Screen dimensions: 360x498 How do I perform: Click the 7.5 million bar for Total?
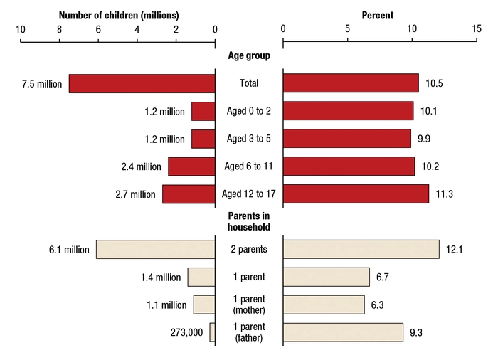(x=142, y=83)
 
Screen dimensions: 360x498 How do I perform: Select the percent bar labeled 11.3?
(x=356, y=194)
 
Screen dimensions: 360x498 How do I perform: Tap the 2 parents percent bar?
(x=361, y=249)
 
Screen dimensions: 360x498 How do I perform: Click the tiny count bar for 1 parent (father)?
(x=212, y=332)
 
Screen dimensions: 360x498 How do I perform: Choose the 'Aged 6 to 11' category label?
(x=249, y=166)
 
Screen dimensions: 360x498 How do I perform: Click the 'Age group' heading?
(x=249, y=56)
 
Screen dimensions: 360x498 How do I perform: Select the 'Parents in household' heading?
(x=249, y=221)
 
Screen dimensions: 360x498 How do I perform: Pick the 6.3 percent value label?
(x=378, y=305)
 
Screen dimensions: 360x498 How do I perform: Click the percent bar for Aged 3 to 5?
(x=346, y=139)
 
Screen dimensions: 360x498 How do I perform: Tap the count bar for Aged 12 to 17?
(x=189, y=194)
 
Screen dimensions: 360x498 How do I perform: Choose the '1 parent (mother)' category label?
(x=249, y=305)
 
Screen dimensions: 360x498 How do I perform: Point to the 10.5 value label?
(x=435, y=84)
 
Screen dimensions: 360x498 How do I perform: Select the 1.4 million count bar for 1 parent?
(x=201, y=277)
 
